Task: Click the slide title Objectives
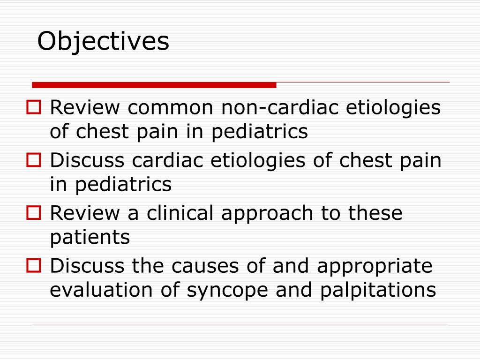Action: tap(103, 42)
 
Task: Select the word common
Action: tap(171, 108)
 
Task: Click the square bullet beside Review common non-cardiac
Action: tap(35, 108)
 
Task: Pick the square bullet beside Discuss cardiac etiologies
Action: tap(35, 161)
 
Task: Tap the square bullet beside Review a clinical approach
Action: tap(35, 213)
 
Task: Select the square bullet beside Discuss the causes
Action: tap(35, 266)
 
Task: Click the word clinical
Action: tap(180, 213)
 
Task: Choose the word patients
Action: tap(90, 237)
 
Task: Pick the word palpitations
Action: tap(378, 291)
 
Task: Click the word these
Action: tap(375, 213)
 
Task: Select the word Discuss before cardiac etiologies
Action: tap(88, 161)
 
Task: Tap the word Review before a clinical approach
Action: tap(84, 213)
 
